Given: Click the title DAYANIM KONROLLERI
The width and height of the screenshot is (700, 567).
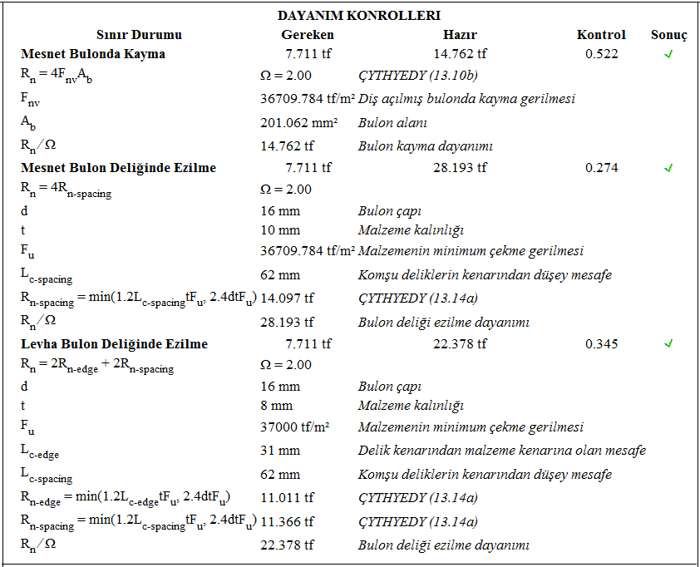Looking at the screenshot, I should click(358, 15).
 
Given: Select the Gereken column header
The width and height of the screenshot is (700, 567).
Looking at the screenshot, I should click(308, 35).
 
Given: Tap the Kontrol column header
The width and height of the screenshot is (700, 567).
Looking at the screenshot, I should click(601, 35).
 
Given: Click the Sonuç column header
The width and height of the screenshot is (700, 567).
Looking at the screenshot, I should click(668, 35).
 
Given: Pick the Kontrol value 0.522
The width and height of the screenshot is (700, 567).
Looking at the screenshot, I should click(601, 54).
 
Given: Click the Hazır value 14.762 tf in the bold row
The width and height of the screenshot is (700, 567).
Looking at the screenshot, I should click(460, 54).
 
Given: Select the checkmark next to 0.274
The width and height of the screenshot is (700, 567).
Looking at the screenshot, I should click(668, 168).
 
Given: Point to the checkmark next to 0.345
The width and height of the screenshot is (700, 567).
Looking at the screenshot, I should click(668, 343).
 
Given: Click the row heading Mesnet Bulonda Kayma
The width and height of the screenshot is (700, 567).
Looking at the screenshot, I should click(93, 54).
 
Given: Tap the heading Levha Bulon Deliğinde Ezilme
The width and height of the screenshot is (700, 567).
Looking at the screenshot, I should click(114, 343).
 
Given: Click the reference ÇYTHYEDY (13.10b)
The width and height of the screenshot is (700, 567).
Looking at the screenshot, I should click(417, 76).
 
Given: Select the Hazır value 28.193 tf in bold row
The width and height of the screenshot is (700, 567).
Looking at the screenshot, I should click(460, 168).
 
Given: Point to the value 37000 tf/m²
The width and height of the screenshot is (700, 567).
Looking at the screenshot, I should click(295, 427).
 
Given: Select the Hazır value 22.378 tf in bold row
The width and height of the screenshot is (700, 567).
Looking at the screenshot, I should click(460, 343).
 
